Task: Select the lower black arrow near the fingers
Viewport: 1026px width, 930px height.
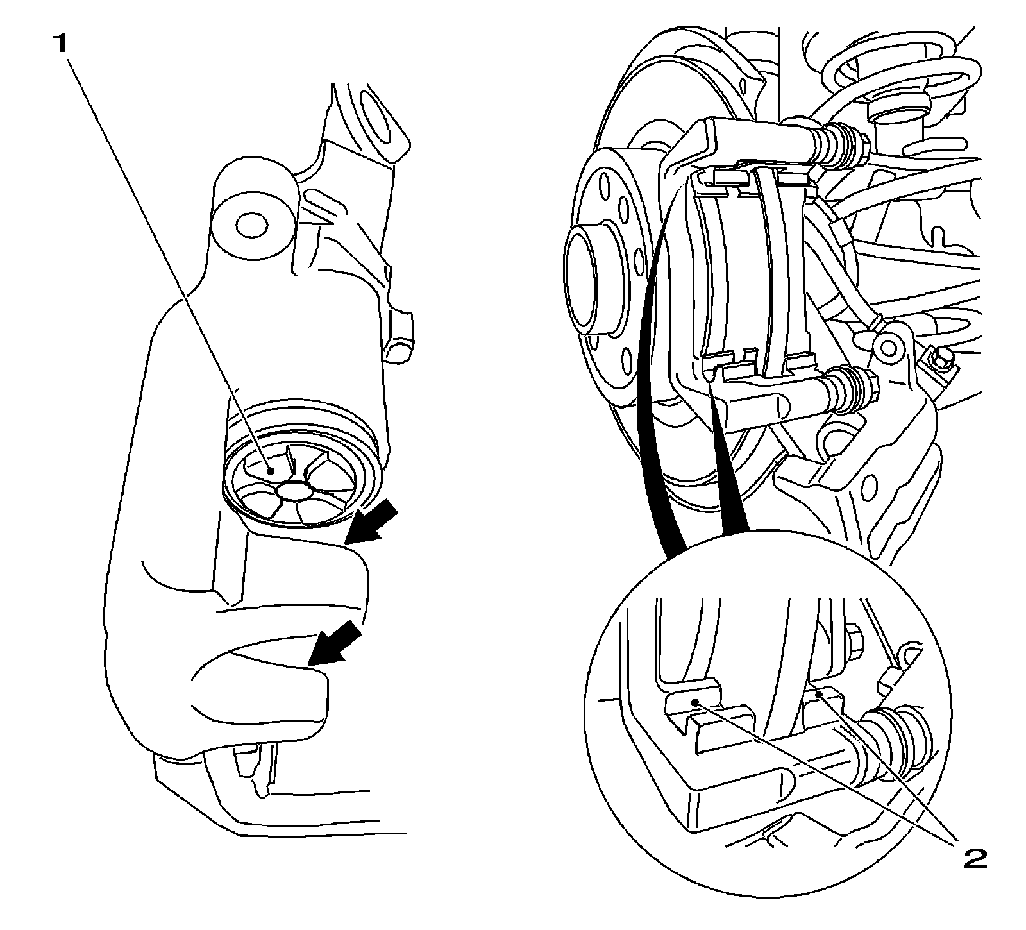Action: click(x=334, y=643)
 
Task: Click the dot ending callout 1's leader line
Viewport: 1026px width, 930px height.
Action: click(x=272, y=470)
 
